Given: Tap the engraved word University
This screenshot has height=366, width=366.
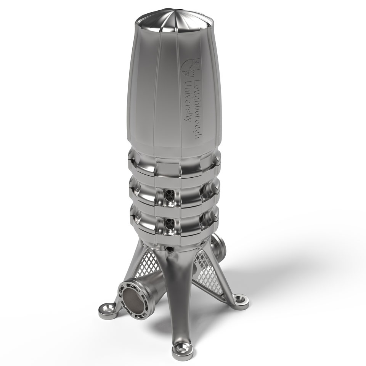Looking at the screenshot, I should pyautogui.click(x=187, y=101).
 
